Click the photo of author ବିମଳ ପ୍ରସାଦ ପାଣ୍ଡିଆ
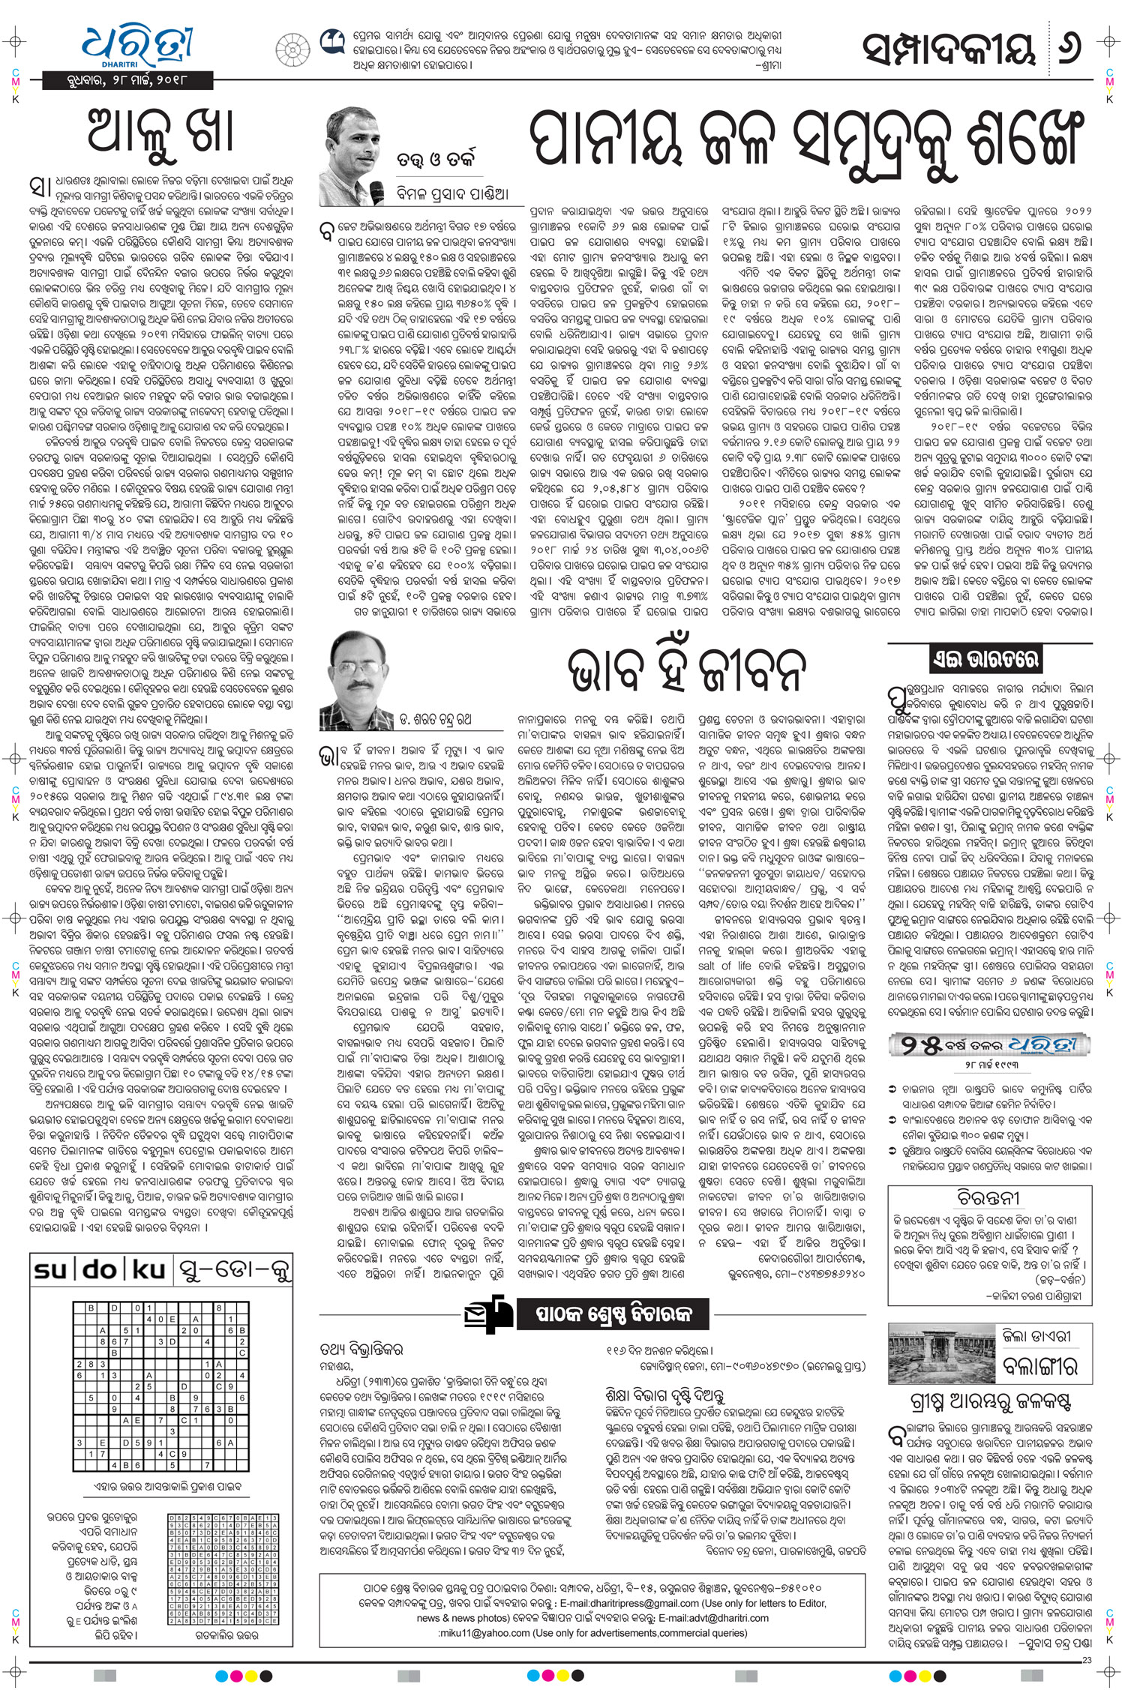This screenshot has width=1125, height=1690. point(352,158)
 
